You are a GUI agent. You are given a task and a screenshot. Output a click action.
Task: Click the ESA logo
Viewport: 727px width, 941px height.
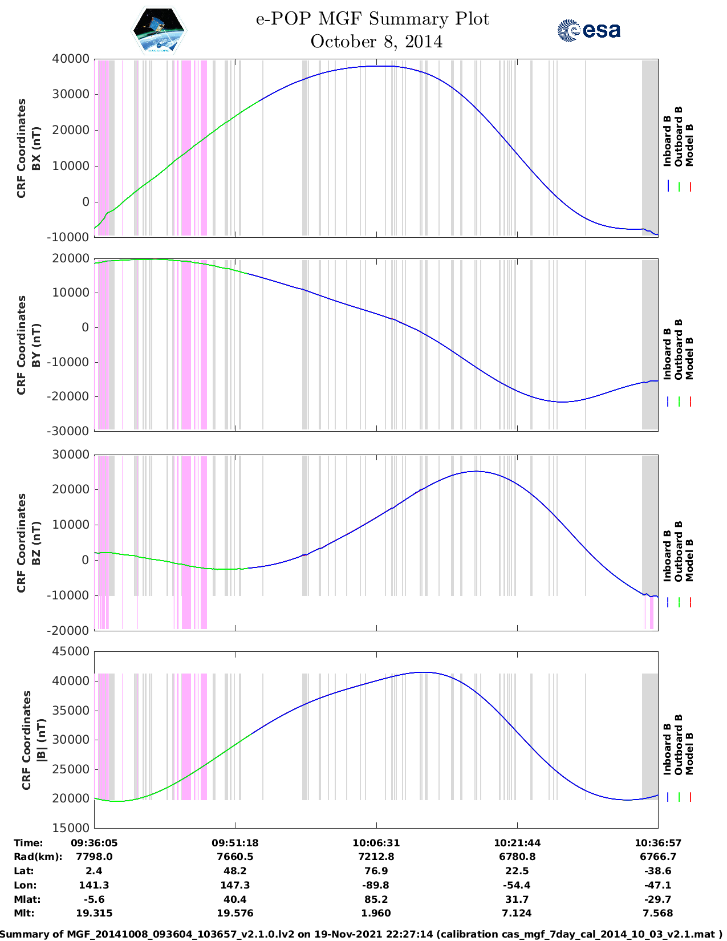coord(588,30)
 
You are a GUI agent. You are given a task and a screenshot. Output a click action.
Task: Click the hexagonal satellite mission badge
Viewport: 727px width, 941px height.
coord(159,30)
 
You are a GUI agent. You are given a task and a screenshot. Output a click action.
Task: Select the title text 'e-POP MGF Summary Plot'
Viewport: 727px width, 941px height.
coord(372,19)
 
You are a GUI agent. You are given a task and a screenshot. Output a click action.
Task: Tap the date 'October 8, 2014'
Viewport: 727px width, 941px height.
coord(376,42)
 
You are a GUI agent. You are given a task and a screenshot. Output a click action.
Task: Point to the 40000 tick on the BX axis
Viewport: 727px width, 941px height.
coord(71,59)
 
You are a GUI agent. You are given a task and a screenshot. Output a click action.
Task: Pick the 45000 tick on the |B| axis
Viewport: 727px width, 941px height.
coord(71,651)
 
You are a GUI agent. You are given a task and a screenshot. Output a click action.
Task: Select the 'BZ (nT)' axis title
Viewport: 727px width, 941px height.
coord(36,543)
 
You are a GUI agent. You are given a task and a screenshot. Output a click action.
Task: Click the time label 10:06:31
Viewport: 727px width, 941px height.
coord(376,843)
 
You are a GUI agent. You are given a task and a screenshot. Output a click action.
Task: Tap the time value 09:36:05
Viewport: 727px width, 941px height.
coord(94,843)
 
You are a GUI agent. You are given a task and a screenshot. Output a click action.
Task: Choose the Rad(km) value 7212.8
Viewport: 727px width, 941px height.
coord(376,857)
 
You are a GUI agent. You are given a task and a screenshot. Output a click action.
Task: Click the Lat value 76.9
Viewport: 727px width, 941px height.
coord(376,871)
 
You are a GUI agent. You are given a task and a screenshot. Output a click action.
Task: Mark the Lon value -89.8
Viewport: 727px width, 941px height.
coord(376,885)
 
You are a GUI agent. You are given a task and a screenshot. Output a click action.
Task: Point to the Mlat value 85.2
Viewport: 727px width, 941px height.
coord(376,899)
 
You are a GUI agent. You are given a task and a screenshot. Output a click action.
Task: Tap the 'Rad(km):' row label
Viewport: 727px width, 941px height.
coord(38,857)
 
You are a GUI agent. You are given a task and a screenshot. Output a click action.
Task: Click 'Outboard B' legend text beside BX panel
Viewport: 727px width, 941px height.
coord(679,137)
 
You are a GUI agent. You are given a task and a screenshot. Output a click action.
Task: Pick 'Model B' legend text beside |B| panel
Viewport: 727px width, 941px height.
coord(689,753)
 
